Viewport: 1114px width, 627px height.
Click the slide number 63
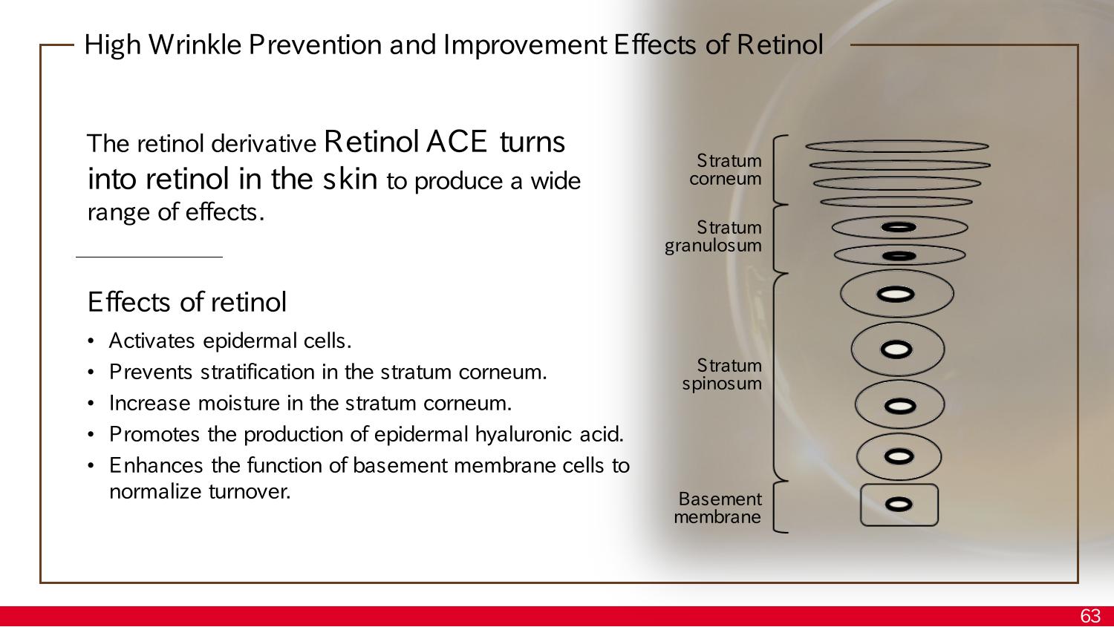pos(1090,616)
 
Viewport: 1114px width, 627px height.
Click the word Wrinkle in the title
pos(195,45)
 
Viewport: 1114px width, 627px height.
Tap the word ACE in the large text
pos(456,142)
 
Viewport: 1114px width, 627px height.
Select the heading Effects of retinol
pos(187,301)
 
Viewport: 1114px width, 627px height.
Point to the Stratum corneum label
pos(726,169)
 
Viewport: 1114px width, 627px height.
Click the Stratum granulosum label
pos(714,237)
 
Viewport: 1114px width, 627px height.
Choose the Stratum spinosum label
pos(722,375)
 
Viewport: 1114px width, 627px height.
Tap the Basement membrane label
pos(717,508)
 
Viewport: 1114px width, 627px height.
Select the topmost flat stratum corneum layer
pos(897,146)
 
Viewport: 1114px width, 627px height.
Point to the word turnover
pos(250,492)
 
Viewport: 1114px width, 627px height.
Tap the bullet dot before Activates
pos(91,341)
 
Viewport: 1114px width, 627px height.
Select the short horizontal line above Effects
pos(149,257)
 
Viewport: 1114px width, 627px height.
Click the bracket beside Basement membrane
pos(781,507)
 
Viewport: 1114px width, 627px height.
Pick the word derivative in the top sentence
pos(264,144)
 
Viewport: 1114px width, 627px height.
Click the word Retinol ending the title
pos(780,45)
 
